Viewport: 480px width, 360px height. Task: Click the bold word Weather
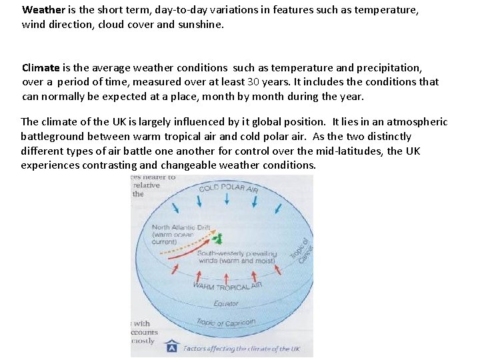[43, 11]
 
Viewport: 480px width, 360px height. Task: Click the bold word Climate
[41, 68]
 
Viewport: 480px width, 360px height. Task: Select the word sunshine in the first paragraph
[201, 25]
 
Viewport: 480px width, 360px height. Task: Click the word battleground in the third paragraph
[51, 137]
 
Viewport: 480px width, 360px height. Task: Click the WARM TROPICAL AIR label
[227, 286]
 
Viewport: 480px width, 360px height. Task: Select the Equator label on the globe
[226, 303]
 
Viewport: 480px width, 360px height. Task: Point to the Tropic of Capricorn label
[225, 323]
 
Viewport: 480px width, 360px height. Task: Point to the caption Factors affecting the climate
[241, 349]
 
